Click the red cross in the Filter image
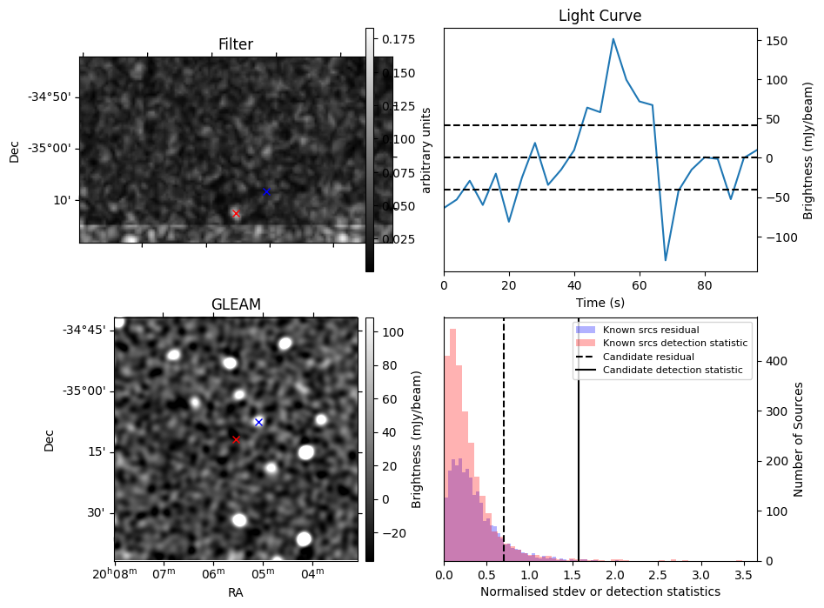[236, 213]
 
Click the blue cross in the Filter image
[266, 191]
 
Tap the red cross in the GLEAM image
[236, 439]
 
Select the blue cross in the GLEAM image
[258, 422]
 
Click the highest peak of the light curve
[613, 38]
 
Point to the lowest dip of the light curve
[666, 260]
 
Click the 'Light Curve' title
[600, 16]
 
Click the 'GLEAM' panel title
[236, 304]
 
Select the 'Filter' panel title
[236, 44]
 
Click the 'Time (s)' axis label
[600, 303]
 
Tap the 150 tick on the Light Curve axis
[776, 41]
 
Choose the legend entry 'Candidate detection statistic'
[673, 370]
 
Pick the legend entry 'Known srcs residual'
[651, 330]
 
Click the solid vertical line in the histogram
[579, 439]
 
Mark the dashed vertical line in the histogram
[504, 439]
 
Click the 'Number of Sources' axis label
[798, 439]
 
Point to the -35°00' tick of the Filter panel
[57, 148]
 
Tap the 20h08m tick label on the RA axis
[115, 573]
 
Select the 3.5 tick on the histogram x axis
[743, 576]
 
